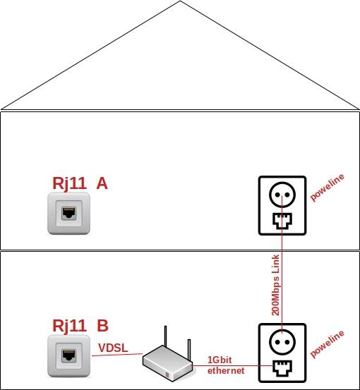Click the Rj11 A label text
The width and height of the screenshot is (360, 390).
point(80,183)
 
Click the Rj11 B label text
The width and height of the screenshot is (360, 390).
point(80,325)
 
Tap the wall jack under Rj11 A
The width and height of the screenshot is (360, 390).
point(68,214)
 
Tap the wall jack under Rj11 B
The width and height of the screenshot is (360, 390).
point(68,355)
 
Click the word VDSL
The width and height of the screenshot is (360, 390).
point(113,348)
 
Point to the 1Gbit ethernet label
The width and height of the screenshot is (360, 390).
point(226,365)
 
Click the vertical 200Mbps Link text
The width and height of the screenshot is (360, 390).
point(275,285)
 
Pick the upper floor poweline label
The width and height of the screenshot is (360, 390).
point(327,188)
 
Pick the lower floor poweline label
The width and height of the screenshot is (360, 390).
point(327,343)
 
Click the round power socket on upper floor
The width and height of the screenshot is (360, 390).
point(282,195)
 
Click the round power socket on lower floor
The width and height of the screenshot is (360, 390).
point(282,341)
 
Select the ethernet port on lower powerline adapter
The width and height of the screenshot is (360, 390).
point(282,368)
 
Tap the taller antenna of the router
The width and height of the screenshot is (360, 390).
point(165,336)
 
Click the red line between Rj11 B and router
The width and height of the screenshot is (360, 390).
point(117,355)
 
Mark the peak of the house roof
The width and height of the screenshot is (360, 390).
point(180,1)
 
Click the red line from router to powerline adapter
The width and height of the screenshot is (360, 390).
point(233,365)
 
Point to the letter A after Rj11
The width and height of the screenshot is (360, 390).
point(102,183)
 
